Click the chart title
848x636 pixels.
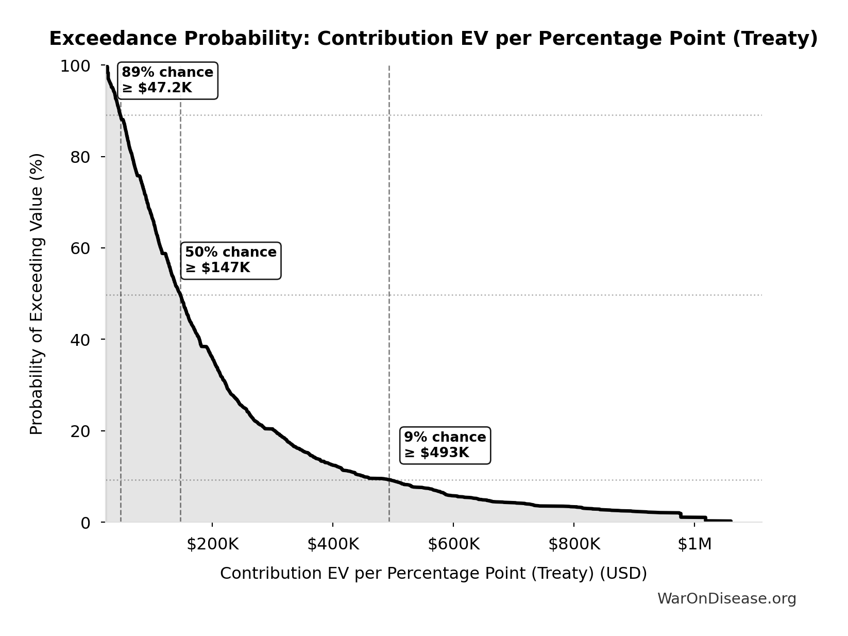point(433,39)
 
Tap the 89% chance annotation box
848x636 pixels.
point(167,80)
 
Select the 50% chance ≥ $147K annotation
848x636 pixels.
point(231,260)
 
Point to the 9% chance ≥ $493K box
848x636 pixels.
point(445,445)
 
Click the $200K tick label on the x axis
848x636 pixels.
point(212,544)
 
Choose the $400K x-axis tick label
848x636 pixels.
point(333,544)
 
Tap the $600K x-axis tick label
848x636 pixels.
point(453,544)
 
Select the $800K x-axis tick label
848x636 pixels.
point(574,544)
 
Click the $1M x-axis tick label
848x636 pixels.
point(694,544)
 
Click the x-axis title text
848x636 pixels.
point(433,574)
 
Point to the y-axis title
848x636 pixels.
point(37,294)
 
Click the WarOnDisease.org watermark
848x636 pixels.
point(726,599)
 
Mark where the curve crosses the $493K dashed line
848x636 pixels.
point(389,480)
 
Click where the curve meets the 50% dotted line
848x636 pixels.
point(180,295)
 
